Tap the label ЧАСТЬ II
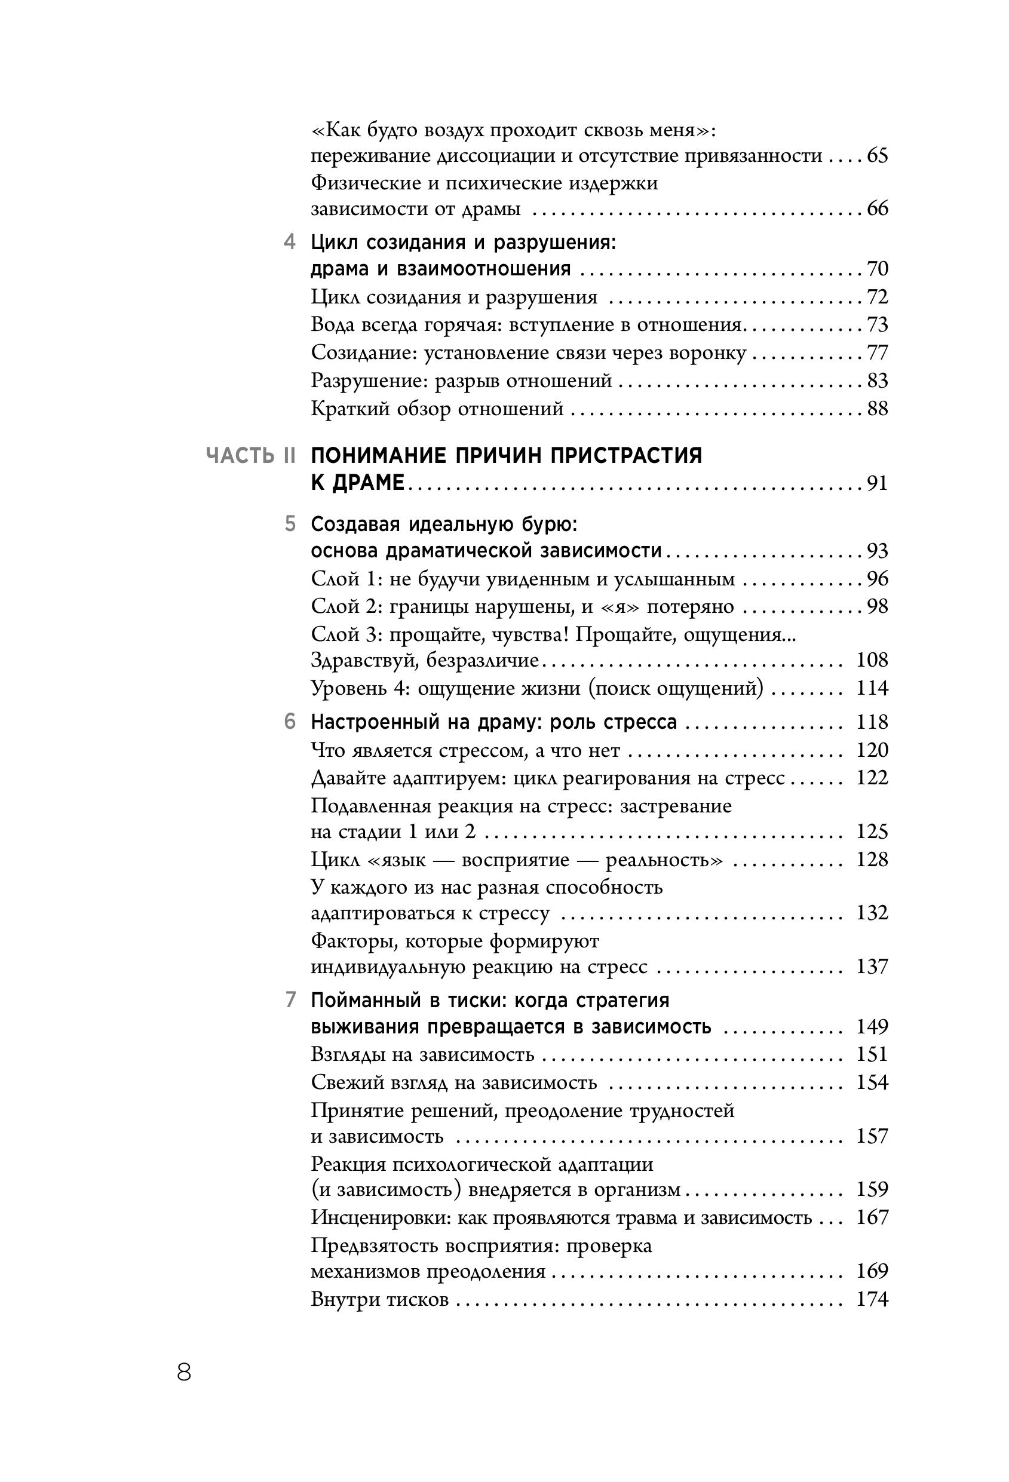252,455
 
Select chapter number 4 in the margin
290,243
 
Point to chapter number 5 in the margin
290,524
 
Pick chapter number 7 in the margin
290,1000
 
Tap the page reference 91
877,483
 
